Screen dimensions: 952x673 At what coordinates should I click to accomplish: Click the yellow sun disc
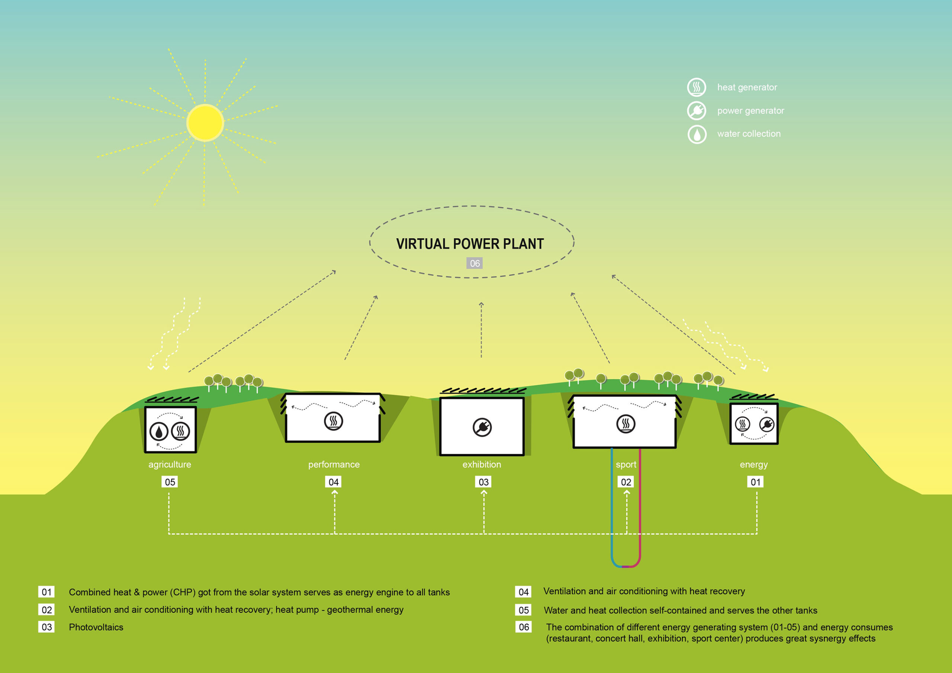(205, 123)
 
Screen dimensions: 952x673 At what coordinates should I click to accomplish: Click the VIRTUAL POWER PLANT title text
(470, 244)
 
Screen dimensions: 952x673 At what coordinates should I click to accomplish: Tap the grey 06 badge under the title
(475, 263)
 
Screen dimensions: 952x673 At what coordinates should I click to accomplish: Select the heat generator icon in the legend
(697, 87)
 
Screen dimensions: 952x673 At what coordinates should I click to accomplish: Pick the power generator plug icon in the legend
(697, 110)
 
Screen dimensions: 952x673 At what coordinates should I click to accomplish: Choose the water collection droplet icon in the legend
(697, 134)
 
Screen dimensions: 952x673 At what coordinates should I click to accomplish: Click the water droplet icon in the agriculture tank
(158, 431)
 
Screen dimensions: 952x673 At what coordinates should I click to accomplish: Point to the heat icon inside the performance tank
(333, 421)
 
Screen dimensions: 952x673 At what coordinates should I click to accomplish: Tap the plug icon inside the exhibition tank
(482, 427)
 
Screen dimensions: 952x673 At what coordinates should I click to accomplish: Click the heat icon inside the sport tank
(626, 424)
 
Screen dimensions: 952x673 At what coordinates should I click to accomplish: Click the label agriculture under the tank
(170, 464)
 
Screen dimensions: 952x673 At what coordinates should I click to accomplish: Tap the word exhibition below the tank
(482, 464)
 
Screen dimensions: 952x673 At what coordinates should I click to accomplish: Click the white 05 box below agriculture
(170, 482)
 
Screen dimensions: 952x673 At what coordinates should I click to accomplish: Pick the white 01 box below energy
(755, 482)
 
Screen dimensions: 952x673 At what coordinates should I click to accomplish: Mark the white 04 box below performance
(333, 482)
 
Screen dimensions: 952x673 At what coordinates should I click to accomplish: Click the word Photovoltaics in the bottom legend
(96, 627)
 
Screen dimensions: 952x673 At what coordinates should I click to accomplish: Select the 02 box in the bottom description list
(46, 609)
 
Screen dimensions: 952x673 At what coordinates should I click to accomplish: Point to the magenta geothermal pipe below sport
(640, 510)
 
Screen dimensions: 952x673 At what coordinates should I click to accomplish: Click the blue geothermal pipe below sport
(612, 510)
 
